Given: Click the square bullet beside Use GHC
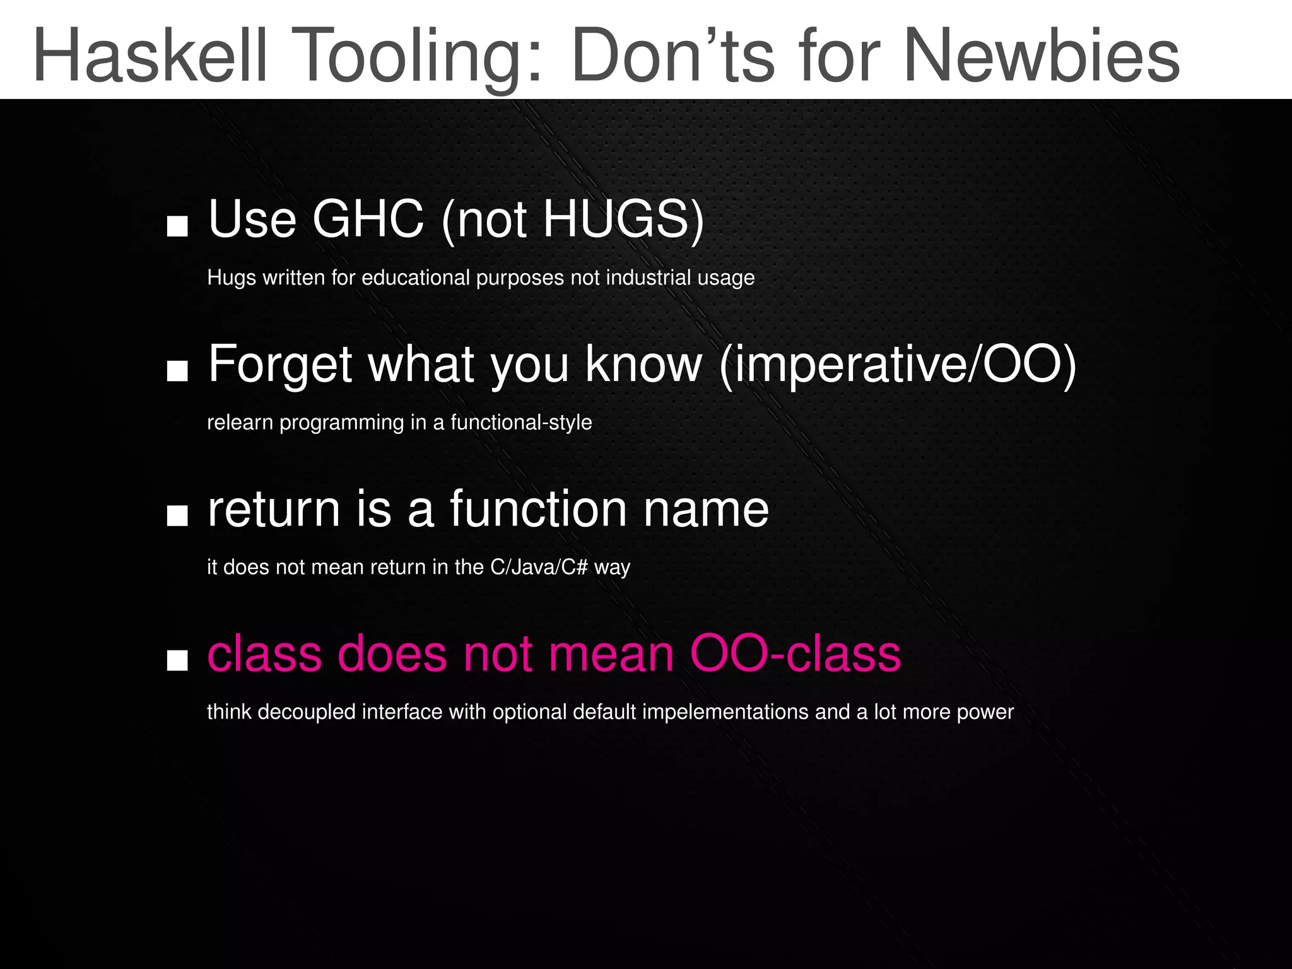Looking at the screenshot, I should pyautogui.click(x=177, y=226).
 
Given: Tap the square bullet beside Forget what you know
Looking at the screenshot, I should pyautogui.click(x=177, y=372).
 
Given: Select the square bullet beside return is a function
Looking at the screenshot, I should pyautogui.click(x=177, y=516).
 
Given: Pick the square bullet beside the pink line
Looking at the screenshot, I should pyautogui.click(x=177, y=661).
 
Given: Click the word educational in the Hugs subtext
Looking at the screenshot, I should pyautogui.click(x=416, y=278).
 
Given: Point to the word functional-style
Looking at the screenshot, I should pyautogui.click(x=521, y=422).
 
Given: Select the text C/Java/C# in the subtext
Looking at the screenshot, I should pyautogui.click(x=539, y=567).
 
